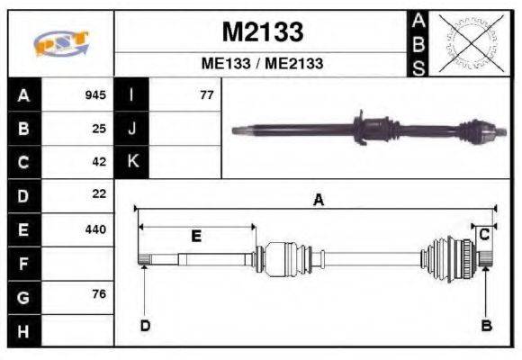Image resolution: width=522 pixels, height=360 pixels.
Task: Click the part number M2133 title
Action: point(262,32)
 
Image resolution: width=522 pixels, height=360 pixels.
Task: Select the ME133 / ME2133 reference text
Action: point(262,64)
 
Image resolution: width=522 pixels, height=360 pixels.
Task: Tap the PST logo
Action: point(60,43)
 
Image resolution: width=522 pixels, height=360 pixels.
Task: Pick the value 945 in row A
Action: point(95,94)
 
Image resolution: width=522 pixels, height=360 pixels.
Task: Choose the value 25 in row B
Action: point(99,128)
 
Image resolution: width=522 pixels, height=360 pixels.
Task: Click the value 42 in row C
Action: point(99,162)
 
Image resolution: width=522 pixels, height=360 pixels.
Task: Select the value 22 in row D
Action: point(99,194)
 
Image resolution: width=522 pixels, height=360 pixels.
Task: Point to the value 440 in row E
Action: point(95,229)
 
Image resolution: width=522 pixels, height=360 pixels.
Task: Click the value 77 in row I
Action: point(206,94)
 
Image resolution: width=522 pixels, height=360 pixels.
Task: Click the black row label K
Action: point(132,162)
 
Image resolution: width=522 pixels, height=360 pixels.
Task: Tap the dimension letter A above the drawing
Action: point(318,202)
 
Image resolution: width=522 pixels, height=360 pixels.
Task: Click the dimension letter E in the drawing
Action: point(195,237)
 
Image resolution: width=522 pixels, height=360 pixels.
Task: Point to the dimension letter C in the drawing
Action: point(483,234)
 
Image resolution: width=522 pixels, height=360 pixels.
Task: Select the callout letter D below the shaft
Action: point(144,326)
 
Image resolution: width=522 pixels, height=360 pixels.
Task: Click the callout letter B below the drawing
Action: point(486,326)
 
